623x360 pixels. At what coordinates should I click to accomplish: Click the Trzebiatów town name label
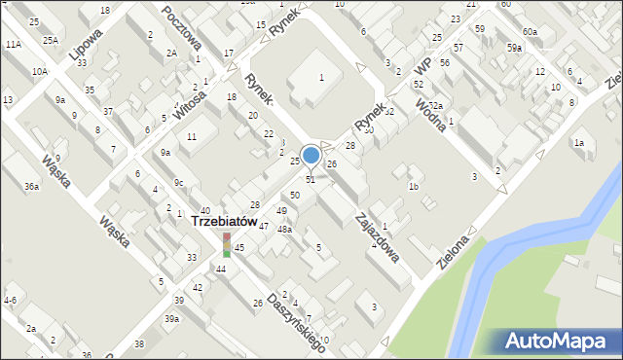224,221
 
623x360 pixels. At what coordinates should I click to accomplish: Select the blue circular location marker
311,155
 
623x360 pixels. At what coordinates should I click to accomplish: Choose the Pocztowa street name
182,30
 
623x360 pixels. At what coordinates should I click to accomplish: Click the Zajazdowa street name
378,237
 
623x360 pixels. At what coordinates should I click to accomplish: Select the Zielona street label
454,250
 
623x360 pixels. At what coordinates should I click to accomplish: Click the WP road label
421,66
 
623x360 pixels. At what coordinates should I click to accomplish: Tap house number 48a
284,230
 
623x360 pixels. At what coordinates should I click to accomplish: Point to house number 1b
414,186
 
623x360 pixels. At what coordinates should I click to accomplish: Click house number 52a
435,106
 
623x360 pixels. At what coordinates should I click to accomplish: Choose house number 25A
50,40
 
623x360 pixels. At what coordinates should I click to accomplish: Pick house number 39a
171,319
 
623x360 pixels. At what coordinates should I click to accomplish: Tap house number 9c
178,183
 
